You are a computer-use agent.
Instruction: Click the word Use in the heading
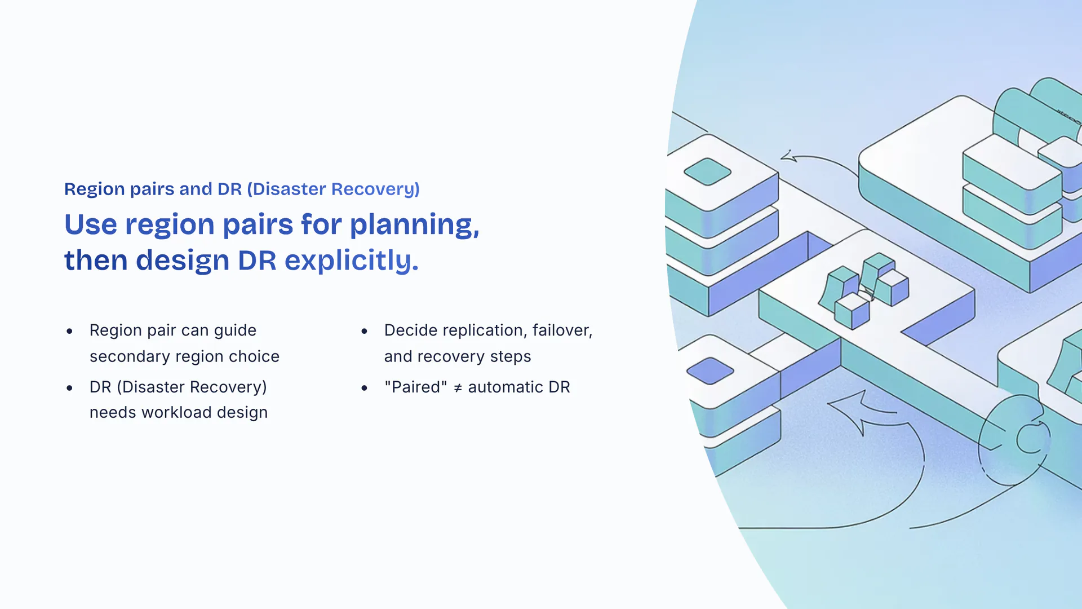tap(91, 224)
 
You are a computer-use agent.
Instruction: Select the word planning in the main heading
tap(414, 226)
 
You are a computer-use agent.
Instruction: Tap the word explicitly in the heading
tap(352, 261)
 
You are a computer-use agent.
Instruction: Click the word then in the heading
tap(96, 261)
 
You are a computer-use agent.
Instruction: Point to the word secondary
tap(130, 357)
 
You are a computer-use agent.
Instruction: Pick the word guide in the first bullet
tap(235, 331)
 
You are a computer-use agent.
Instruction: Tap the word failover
tap(562, 330)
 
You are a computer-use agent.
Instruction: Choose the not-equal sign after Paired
tap(458, 388)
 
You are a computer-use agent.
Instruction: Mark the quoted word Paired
tap(416, 387)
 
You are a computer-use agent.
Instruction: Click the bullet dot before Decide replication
tap(365, 331)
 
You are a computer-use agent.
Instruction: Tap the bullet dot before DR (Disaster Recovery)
tap(69, 388)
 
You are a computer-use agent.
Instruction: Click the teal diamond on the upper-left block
tap(707, 171)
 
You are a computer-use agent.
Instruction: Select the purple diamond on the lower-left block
tap(710, 370)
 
